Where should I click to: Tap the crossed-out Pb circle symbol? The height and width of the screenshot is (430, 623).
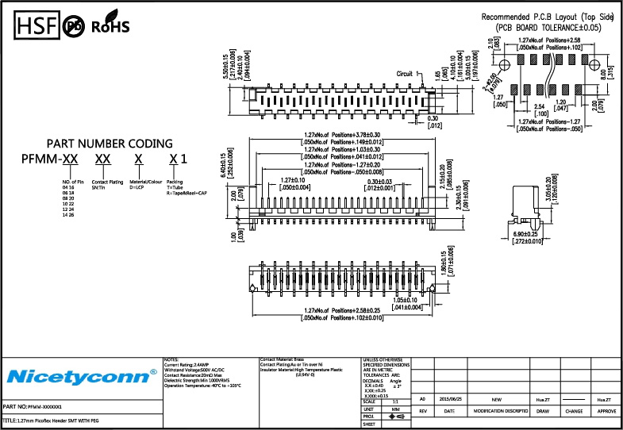pyautogui.click(x=73, y=25)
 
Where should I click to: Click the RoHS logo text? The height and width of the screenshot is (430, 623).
pyautogui.click(x=110, y=26)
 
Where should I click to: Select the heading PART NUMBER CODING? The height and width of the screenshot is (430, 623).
pyautogui.click(x=110, y=144)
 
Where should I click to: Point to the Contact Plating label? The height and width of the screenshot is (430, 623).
pyautogui.click(x=108, y=182)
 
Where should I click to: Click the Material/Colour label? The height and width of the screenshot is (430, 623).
pyautogui.click(x=144, y=182)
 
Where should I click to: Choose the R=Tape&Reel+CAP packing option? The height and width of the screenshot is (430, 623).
pyautogui.click(x=187, y=193)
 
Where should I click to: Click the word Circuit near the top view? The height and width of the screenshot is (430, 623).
pyautogui.click(x=405, y=72)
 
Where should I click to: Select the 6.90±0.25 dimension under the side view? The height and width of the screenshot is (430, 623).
pyautogui.click(x=525, y=234)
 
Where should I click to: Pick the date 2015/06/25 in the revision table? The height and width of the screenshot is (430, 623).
pyautogui.click(x=450, y=400)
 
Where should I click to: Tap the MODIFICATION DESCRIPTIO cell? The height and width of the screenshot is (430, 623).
pyautogui.click(x=501, y=412)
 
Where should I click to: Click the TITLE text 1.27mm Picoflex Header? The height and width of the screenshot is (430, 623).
pyautogui.click(x=51, y=419)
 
